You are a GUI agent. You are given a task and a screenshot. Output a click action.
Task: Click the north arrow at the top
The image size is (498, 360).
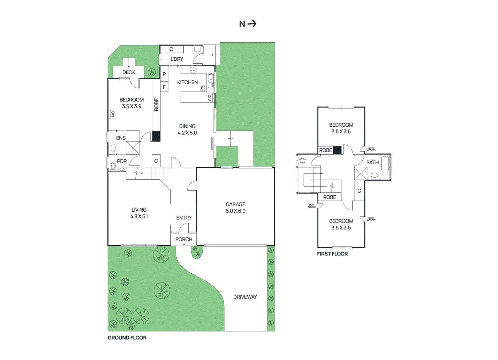(x=252, y=24)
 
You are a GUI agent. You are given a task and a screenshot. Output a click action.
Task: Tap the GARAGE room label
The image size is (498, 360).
(x=235, y=204)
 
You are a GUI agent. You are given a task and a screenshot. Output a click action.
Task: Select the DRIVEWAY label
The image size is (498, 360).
(x=245, y=297)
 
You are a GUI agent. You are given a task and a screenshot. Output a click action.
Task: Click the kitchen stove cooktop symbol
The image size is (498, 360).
(x=193, y=70)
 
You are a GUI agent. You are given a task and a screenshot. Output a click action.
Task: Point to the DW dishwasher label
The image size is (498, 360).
(x=202, y=88)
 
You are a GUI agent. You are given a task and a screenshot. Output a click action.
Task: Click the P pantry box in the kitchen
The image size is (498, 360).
(x=164, y=74)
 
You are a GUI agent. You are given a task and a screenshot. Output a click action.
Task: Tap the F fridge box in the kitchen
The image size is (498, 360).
(x=164, y=87)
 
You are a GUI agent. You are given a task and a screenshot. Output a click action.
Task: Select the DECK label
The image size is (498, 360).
(x=129, y=72)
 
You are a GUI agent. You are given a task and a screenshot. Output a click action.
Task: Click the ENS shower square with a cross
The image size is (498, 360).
(x=133, y=148)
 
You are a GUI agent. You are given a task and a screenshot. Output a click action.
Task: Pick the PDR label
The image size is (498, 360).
(x=122, y=161)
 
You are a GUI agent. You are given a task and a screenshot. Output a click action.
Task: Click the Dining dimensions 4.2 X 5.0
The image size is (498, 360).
(x=187, y=133)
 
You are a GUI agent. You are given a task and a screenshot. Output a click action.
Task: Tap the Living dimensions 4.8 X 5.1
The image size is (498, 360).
(x=139, y=216)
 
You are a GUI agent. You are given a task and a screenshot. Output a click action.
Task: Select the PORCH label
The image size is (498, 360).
(x=184, y=239)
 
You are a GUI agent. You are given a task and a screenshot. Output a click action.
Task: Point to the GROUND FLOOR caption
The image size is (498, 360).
(x=127, y=338)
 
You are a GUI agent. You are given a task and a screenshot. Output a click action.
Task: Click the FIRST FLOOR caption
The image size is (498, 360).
(x=332, y=254)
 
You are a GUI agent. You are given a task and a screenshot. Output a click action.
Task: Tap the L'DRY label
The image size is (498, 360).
(x=177, y=59)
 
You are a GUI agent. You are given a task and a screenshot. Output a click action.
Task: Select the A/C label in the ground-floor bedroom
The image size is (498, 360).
(x=113, y=115)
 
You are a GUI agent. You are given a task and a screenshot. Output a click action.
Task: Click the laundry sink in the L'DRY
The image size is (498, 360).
(x=197, y=49)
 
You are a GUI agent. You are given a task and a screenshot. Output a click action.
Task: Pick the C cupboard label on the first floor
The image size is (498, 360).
(x=359, y=191)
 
